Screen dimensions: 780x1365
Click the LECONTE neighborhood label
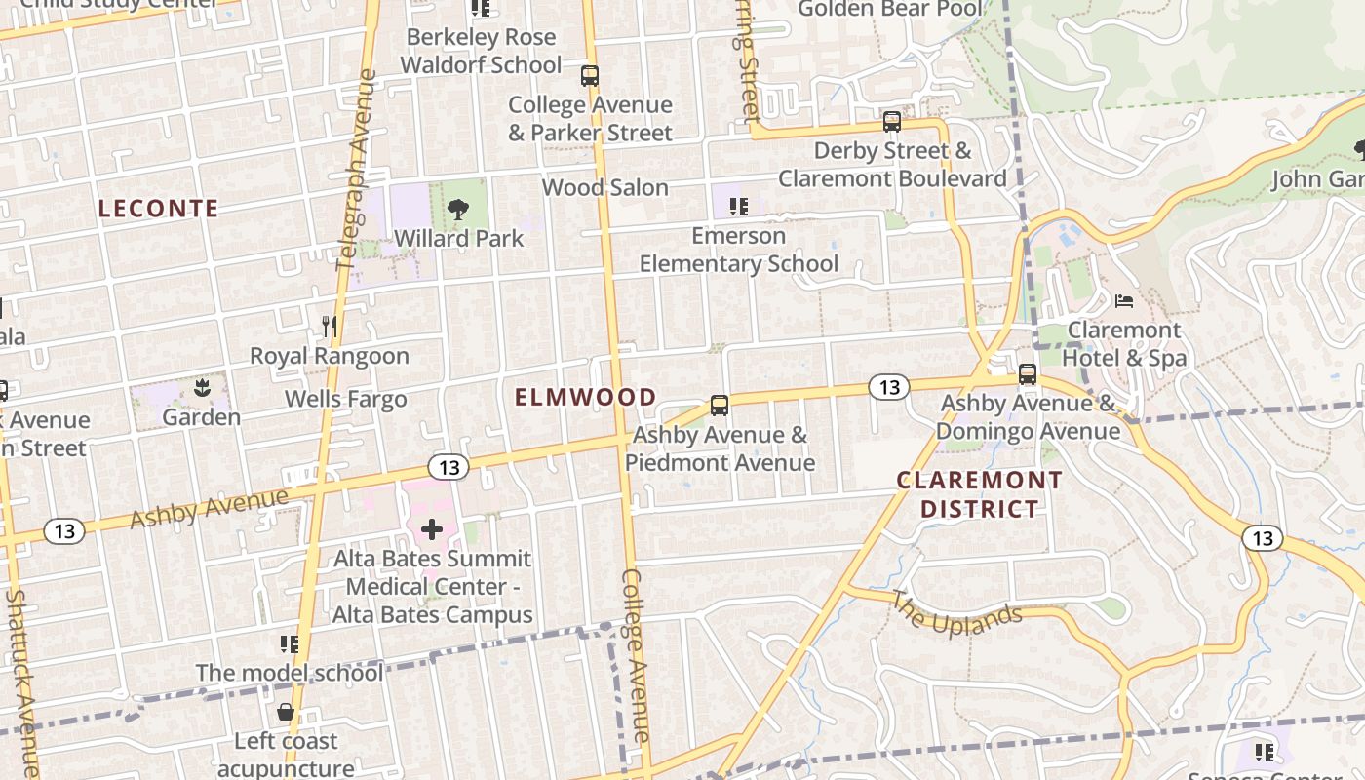[x=158, y=209]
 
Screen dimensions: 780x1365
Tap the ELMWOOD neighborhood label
[x=585, y=397]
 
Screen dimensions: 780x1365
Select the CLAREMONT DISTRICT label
[x=979, y=494]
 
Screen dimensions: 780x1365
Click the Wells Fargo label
[x=345, y=399]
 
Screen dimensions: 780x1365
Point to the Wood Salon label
[x=604, y=187]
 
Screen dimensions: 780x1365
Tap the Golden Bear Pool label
[x=890, y=10]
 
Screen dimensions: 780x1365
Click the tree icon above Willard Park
[x=457, y=209]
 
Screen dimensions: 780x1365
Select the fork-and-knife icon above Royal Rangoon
[x=330, y=327]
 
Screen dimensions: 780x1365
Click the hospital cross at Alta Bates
[x=432, y=530]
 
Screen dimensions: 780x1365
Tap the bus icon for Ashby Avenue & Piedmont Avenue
[x=720, y=406]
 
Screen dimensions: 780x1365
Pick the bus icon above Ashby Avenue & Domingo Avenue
[x=1027, y=374]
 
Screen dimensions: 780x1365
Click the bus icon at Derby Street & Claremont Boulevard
[x=891, y=122]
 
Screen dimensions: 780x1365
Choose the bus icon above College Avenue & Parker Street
[x=589, y=75]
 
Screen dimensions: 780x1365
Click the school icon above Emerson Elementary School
[x=738, y=207]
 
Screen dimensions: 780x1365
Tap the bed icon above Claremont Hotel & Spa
[x=1123, y=300]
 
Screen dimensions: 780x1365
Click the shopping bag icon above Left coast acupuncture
[x=286, y=712]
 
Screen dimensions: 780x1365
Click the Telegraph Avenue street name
[x=355, y=171]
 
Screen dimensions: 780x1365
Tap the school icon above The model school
[x=289, y=643]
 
